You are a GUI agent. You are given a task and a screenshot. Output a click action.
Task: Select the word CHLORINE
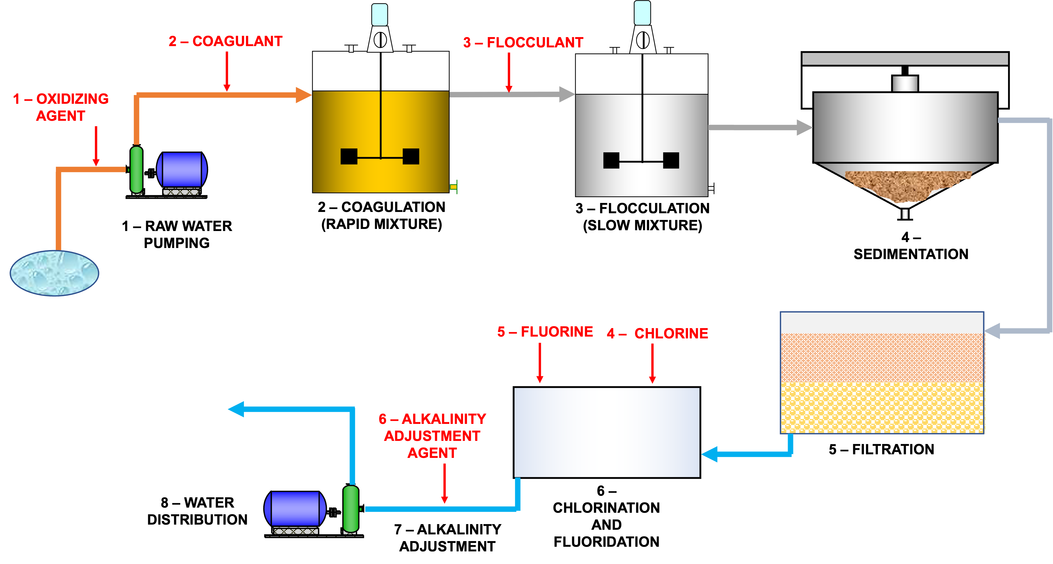coord(671,334)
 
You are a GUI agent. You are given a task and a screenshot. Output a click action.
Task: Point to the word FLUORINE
coord(557,332)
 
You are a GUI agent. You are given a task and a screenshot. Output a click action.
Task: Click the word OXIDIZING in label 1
coord(72,99)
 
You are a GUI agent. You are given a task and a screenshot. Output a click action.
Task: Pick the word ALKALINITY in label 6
coord(444,419)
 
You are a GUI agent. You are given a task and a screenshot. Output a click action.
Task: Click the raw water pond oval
coord(54,273)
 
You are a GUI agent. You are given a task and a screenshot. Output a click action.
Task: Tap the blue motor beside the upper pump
coord(182,170)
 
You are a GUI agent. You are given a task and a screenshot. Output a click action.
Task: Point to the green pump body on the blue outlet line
coord(351,509)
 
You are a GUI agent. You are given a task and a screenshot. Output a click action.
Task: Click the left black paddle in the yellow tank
coord(349,157)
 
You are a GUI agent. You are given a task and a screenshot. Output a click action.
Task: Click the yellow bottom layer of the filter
coord(882,407)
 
